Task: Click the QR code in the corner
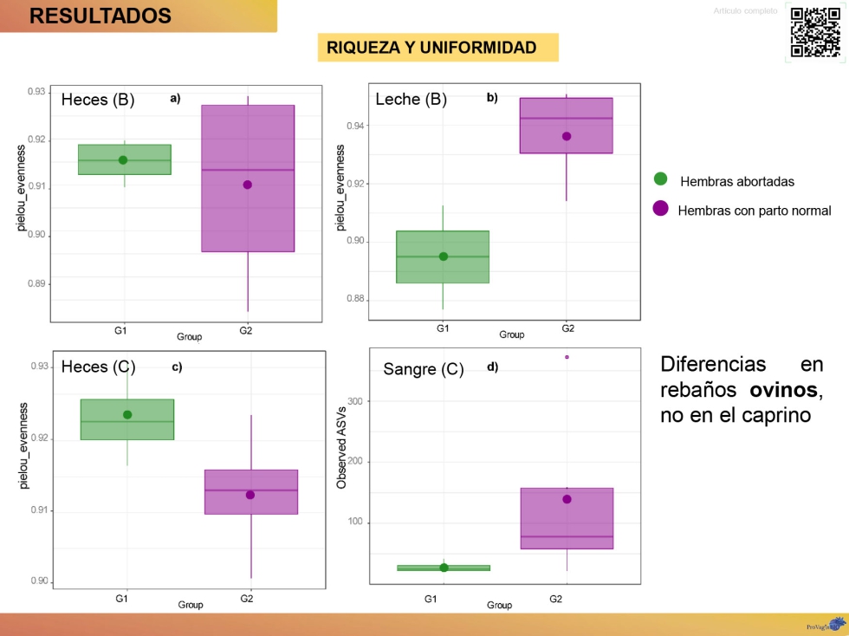[x=815, y=32]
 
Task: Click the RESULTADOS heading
[x=100, y=16]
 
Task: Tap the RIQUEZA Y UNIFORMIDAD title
[x=431, y=48]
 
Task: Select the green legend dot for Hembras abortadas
[x=660, y=179]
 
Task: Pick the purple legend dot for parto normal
[x=660, y=209]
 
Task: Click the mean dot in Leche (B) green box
[x=444, y=256]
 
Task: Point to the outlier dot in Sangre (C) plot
[x=567, y=357]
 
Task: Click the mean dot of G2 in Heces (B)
[x=248, y=185]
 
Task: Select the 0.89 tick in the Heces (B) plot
[x=37, y=283]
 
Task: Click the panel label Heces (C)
[x=98, y=367]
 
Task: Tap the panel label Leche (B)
[x=411, y=99]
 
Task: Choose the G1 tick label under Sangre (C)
[x=431, y=599]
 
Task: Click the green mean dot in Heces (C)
[x=127, y=414]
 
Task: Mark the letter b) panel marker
[x=492, y=98]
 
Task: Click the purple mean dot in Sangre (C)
[x=567, y=499]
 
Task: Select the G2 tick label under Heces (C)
[x=247, y=599]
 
